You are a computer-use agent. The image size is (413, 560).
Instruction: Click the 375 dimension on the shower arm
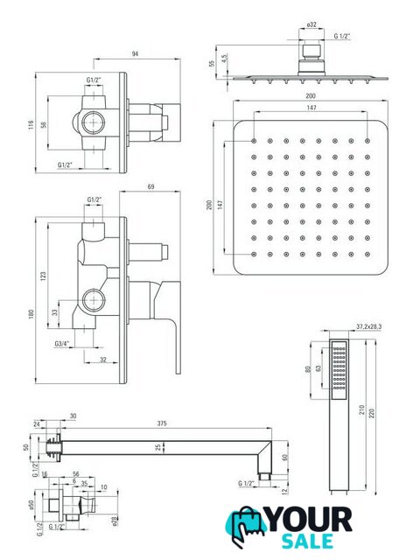(x=162, y=423)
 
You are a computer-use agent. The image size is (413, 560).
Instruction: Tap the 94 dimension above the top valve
(x=135, y=54)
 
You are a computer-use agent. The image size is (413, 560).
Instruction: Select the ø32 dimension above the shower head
(x=311, y=24)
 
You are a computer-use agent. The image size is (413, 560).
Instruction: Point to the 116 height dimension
(x=31, y=124)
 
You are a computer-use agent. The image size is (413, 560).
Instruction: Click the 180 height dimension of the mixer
(x=31, y=314)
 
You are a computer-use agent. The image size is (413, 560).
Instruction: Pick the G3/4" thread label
(x=62, y=344)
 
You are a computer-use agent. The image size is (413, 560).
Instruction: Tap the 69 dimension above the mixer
(x=150, y=186)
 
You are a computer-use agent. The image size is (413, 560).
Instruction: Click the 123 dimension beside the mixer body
(x=43, y=276)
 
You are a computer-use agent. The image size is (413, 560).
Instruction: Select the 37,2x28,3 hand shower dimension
(x=369, y=326)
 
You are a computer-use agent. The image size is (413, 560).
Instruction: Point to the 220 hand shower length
(x=372, y=414)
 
